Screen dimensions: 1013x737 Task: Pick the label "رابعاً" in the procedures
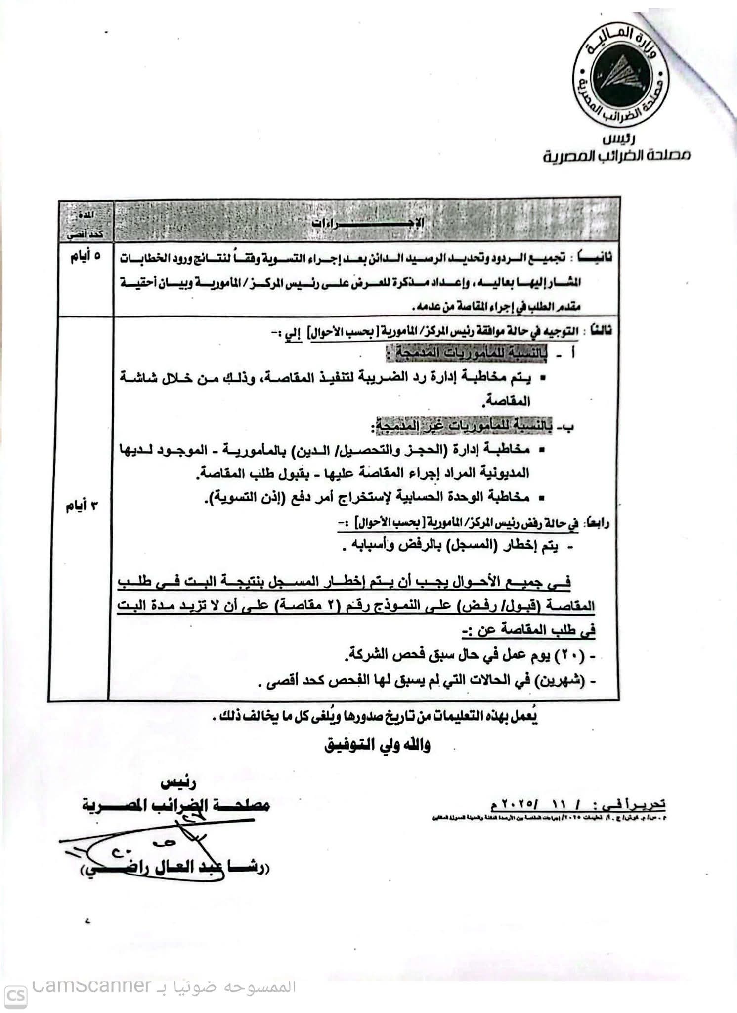click(x=595, y=523)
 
